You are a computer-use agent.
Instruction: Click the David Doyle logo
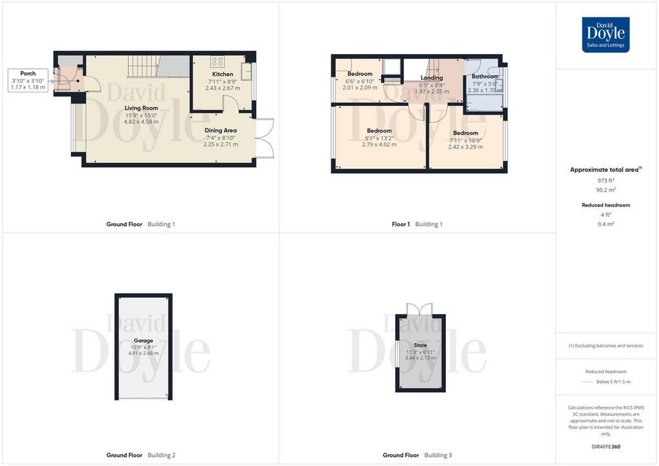(606, 35)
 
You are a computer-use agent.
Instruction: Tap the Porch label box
(28, 80)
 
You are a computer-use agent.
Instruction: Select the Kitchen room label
(223, 74)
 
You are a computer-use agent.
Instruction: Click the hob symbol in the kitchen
(218, 61)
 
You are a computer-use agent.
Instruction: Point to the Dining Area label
(221, 130)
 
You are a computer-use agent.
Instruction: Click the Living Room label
(141, 108)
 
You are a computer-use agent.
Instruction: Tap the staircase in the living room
(143, 66)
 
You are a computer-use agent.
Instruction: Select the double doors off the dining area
(265, 138)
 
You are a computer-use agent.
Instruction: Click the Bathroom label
(485, 77)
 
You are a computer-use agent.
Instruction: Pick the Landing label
(432, 78)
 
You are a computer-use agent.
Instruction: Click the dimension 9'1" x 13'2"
(379, 138)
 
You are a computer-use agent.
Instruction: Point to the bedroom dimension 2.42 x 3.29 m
(465, 147)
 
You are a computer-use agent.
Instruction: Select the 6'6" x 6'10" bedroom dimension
(360, 81)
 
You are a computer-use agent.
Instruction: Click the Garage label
(144, 340)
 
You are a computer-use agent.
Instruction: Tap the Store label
(420, 345)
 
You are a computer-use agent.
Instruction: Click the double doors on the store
(420, 309)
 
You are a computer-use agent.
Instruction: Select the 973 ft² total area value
(606, 181)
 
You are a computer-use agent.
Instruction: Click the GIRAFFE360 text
(606, 447)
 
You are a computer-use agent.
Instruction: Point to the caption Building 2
(162, 455)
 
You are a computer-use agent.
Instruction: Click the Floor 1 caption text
(400, 225)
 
